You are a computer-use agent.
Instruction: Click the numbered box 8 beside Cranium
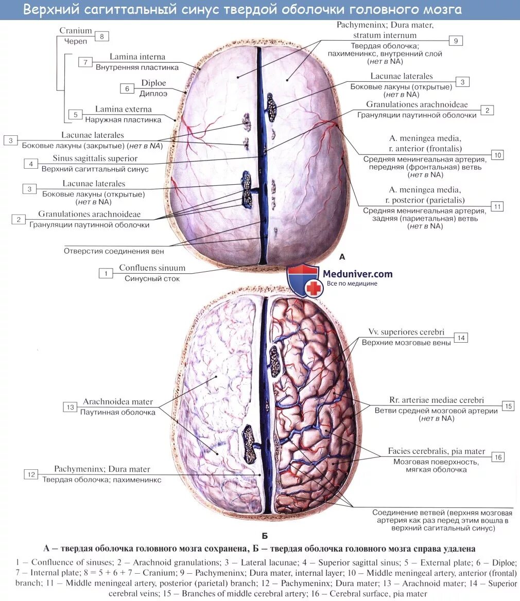(102, 36)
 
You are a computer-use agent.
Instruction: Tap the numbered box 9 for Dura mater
(456, 41)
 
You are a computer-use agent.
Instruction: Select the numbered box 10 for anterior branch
(497, 155)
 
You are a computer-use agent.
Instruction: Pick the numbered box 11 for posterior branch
(497, 206)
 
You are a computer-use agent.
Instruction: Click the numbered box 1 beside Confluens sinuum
(106, 273)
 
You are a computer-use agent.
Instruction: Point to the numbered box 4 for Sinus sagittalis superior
(30, 164)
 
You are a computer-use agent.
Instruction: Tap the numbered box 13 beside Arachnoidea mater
(70, 408)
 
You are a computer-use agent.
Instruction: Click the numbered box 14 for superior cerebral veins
(461, 338)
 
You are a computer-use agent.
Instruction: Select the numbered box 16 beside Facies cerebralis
(497, 457)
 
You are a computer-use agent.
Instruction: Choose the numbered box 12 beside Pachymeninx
(31, 474)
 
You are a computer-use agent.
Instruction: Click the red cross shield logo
(304, 280)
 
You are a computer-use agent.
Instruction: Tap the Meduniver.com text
(357, 274)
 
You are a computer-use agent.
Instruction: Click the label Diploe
(154, 83)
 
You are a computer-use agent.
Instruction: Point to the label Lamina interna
(137, 57)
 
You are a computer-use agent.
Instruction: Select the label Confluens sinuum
(152, 268)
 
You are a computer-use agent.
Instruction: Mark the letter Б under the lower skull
(264, 536)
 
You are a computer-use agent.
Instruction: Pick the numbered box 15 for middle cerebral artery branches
(508, 406)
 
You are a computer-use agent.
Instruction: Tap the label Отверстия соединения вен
(114, 251)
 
